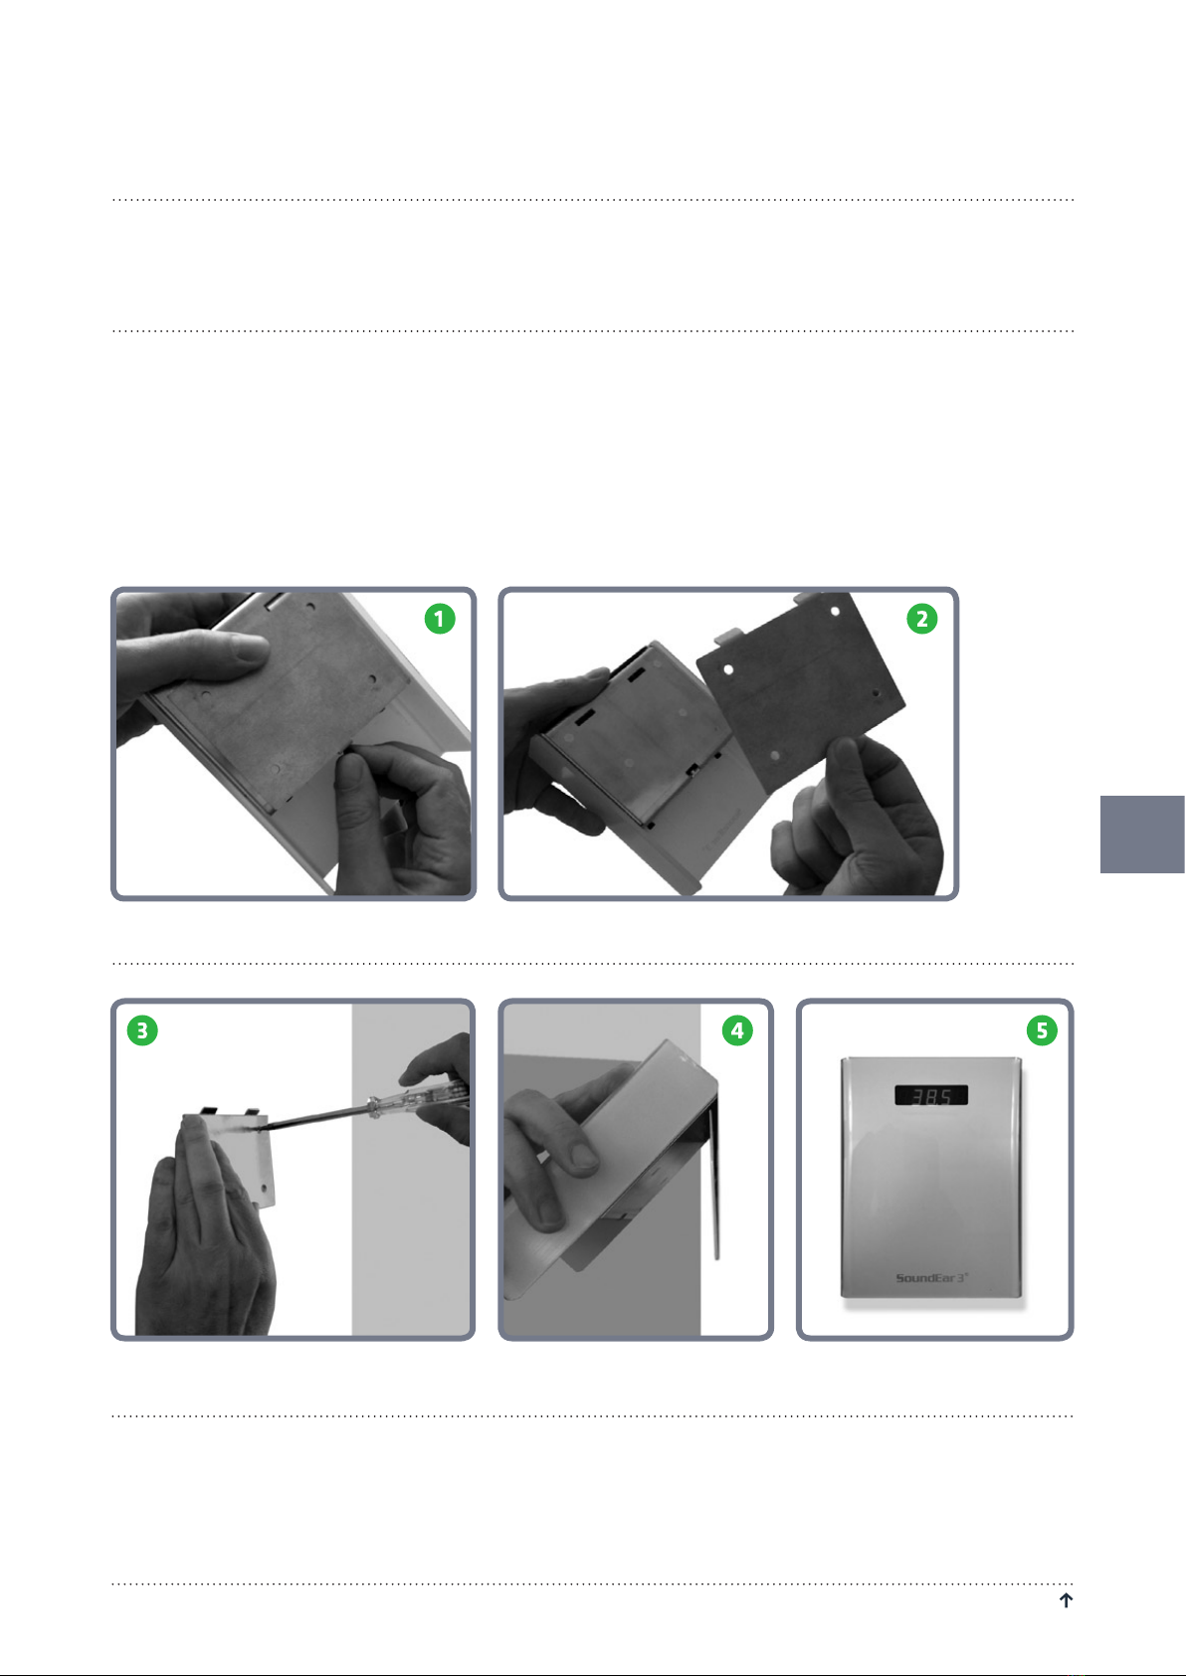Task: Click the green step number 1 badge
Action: [x=440, y=619]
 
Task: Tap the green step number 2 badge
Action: [x=922, y=619]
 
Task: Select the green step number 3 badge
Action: [x=142, y=1030]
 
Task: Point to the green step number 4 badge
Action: [x=737, y=1030]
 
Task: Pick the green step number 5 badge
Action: [x=1042, y=1030]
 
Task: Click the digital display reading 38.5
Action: [x=931, y=1095]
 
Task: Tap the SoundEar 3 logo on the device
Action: [x=931, y=1277]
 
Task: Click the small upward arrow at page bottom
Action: [x=1066, y=1599]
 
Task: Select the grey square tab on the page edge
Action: [x=1142, y=835]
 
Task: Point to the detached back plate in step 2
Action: [x=801, y=688]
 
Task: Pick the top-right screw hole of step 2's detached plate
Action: [x=835, y=612]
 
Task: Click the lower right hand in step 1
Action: [x=404, y=820]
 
